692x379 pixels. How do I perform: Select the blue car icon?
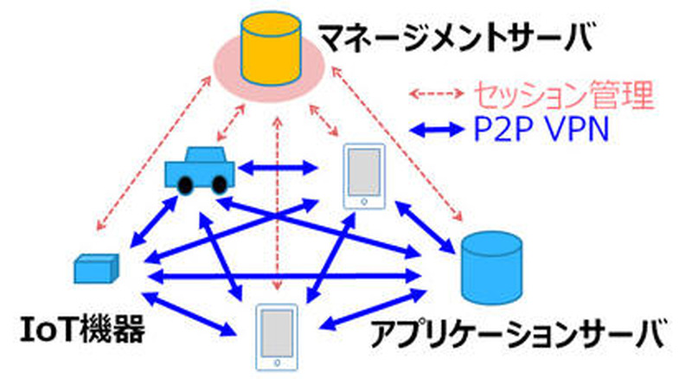click(198, 170)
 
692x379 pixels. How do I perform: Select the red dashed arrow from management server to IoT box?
click(151, 156)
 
